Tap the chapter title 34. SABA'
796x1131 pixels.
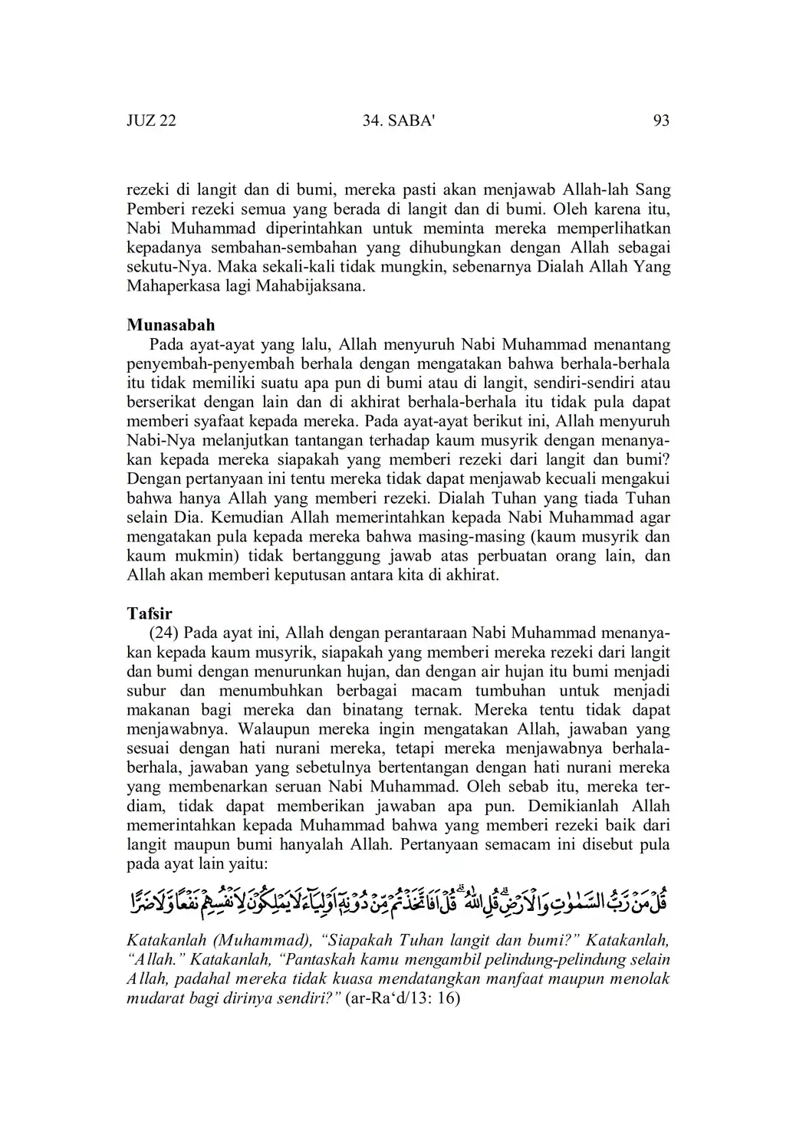click(397, 120)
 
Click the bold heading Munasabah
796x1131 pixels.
click(170, 325)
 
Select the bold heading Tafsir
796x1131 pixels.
click(150, 613)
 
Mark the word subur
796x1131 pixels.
click(146, 691)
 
